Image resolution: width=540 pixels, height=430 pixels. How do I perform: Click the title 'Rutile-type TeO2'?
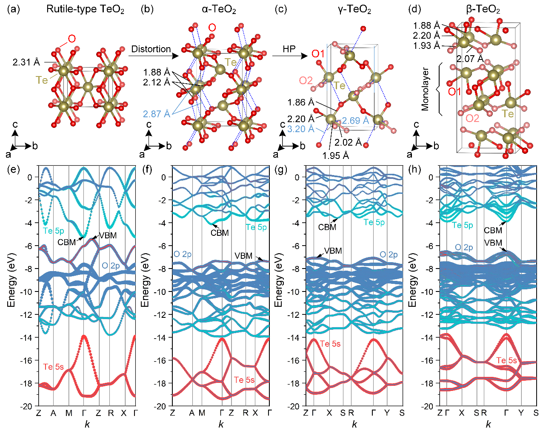tap(85, 9)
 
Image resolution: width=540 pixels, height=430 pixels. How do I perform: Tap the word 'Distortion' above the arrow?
tap(151, 49)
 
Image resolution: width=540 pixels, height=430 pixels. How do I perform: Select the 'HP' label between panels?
tap(289, 49)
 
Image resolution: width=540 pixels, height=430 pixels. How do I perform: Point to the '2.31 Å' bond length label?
tap(26, 62)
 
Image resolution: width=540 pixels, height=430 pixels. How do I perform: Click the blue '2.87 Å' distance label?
tap(156, 114)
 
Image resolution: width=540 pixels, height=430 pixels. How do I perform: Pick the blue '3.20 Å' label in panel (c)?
tap(301, 129)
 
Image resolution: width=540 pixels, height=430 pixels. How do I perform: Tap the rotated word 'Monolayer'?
tap(426, 89)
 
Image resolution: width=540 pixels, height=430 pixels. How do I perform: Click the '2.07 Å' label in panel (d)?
tap(470, 59)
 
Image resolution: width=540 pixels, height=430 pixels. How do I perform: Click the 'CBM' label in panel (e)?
tap(67, 242)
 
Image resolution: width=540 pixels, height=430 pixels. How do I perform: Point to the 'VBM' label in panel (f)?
tap(243, 256)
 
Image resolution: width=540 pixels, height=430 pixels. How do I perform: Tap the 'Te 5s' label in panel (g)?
tap(330, 344)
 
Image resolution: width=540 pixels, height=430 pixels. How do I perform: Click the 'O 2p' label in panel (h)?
tap(464, 247)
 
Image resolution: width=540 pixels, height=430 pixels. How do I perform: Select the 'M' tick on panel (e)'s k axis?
tap(69, 413)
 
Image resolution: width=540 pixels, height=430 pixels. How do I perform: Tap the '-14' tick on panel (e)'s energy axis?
tap(26, 337)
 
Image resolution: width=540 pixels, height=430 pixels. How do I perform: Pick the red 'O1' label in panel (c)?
tap(318, 54)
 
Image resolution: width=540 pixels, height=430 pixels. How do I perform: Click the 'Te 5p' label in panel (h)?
tap(463, 225)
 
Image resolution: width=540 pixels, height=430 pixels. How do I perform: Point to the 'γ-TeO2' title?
tap(354, 9)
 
